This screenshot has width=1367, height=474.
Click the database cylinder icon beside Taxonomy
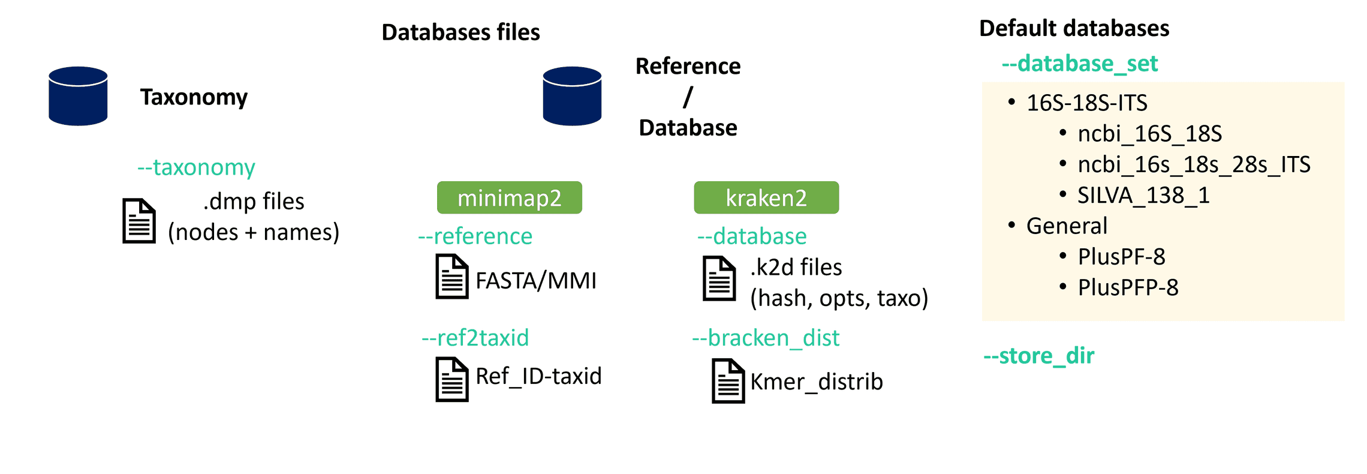(x=78, y=96)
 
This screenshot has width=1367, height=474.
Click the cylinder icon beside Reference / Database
(x=572, y=96)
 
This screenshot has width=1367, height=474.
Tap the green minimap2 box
(x=509, y=197)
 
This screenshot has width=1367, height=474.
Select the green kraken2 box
(x=766, y=197)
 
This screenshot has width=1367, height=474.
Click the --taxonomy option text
(x=196, y=167)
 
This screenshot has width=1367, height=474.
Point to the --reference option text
(x=475, y=236)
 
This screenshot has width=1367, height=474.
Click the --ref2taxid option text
(x=475, y=338)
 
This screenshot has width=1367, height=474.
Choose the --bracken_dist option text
(x=766, y=338)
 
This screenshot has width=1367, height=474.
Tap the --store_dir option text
(x=1038, y=355)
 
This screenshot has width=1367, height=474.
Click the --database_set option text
(x=1079, y=63)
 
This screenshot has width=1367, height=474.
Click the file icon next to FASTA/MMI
(x=451, y=277)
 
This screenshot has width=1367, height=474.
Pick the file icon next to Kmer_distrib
(x=728, y=381)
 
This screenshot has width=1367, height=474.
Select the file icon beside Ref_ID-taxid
(x=451, y=379)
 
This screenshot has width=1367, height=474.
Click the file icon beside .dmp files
(x=139, y=221)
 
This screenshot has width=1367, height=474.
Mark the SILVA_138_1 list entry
(x=1143, y=195)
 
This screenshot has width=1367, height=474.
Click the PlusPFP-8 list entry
(x=1127, y=287)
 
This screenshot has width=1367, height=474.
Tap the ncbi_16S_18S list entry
(x=1149, y=133)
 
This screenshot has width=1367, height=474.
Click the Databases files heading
(x=460, y=32)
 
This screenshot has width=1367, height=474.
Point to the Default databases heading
(x=1074, y=28)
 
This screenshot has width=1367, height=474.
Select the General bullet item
(x=1066, y=226)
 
